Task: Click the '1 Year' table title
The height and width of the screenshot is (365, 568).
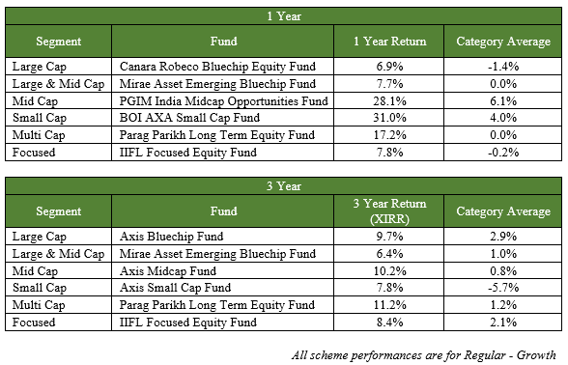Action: pyautogui.click(x=284, y=16)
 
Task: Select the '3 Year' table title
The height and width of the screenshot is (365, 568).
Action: pyautogui.click(x=284, y=186)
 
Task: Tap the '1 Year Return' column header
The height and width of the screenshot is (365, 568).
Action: pyautogui.click(x=390, y=42)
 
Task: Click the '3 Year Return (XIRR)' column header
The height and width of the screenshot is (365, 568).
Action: pyautogui.click(x=390, y=211)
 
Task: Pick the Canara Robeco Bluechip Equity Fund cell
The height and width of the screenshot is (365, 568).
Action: pyautogui.click(x=217, y=67)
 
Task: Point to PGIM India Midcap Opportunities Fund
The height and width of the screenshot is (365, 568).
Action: pyautogui.click(x=223, y=100)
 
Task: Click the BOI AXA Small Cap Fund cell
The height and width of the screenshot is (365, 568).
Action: pyautogui.click(x=189, y=118)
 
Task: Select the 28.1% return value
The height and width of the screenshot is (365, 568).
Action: pyautogui.click(x=390, y=100)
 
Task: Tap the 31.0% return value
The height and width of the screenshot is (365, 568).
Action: pyautogui.click(x=390, y=118)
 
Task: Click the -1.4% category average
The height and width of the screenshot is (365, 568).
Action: pyautogui.click(x=503, y=67)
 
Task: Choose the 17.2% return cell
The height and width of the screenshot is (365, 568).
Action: pyautogui.click(x=390, y=135)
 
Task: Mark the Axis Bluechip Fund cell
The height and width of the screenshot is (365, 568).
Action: pyautogui.click(x=171, y=236)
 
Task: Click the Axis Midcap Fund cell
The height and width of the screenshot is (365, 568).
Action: pyautogui.click(x=168, y=270)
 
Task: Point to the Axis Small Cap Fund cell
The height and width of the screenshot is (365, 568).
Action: pyautogui.click(x=176, y=288)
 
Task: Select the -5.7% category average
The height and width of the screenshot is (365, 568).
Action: pyautogui.click(x=503, y=288)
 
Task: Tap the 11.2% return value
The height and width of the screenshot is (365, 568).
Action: pyautogui.click(x=390, y=305)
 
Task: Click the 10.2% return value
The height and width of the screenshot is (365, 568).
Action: pyautogui.click(x=390, y=270)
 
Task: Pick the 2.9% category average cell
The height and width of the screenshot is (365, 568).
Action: pyautogui.click(x=503, y=236)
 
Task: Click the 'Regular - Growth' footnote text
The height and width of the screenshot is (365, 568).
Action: pyautogui.click(x=510, y=355)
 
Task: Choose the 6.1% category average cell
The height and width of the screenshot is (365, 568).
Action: pyautogui.click(x=503, y=100)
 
